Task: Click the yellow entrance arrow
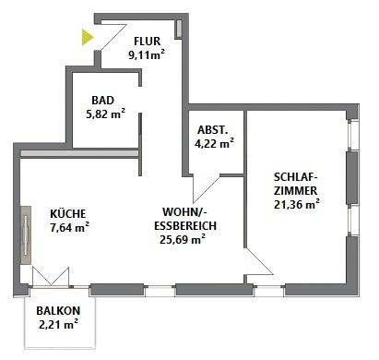(x=87, y=37)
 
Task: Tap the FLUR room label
(x=148, y=42)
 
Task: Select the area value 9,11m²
(x=147, y=55)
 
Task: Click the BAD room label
(x=102, y=101)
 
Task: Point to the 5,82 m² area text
(x=105, y=114)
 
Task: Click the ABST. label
(x=213, y=130)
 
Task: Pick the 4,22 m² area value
(x=214, y=143)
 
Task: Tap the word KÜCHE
(x=68, y=213)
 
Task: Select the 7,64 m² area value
(x=69, y=227)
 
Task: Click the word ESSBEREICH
(x=185, y=226)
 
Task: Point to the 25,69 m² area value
(x=183, y=239)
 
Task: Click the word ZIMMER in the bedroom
(x=295, y=191)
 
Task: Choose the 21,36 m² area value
(x=297, y=204)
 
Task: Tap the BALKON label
(x=58, y=311)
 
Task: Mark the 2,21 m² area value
(x=58, y=324)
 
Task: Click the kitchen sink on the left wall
(x=26, y=235)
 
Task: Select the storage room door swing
(x=206, y=188)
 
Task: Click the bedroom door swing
(x=257, y=262)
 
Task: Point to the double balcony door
(x=51, y=277)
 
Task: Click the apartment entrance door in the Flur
(x=113, y=36)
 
